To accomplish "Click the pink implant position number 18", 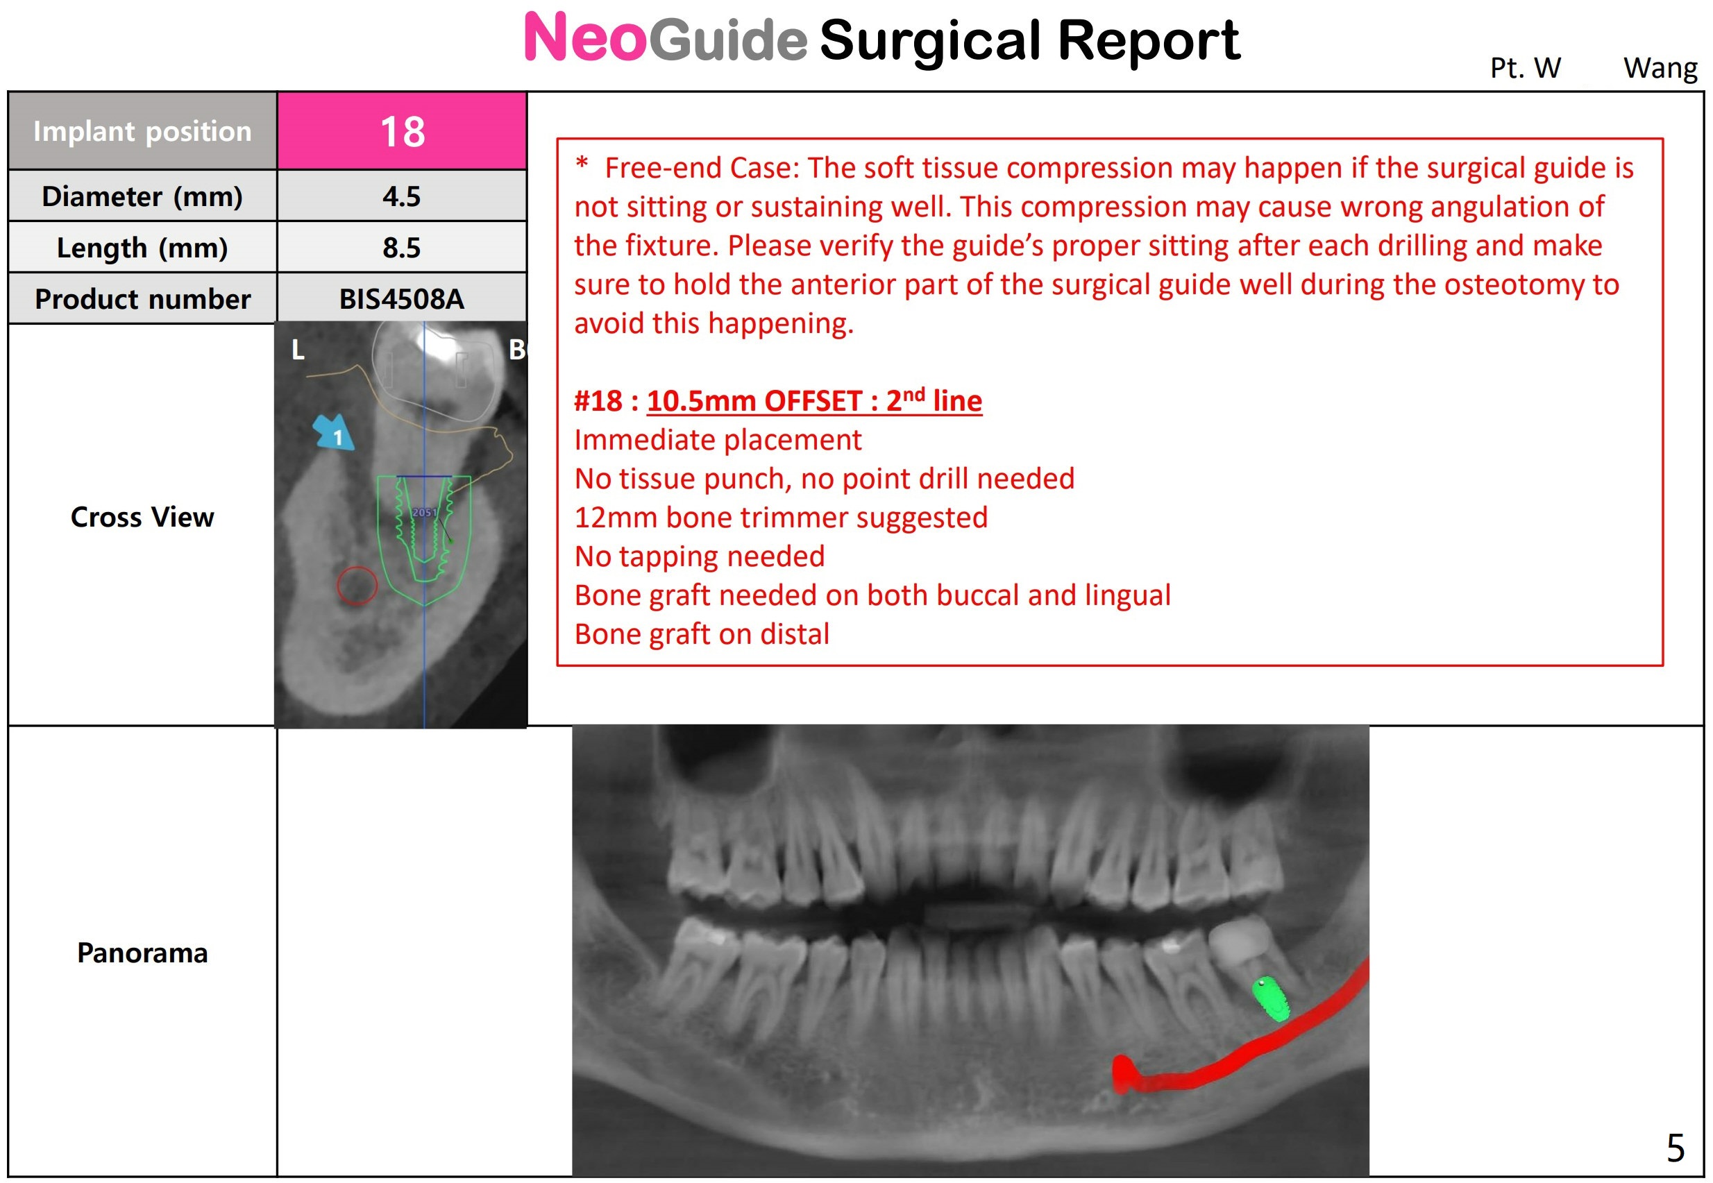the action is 403,132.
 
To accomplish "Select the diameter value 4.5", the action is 402,196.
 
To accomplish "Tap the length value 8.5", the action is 402,248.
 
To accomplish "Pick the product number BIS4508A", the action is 402,299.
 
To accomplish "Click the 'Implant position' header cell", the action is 142,131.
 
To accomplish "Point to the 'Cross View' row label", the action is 142,517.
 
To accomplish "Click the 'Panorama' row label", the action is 142,953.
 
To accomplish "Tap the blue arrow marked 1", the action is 333,432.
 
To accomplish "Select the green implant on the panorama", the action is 1271,998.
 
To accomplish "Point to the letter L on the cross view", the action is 298,350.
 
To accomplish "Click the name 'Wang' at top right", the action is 1660,69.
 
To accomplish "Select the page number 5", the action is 1676,1148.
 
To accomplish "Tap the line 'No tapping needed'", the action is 699,556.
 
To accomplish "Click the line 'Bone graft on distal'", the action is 702,634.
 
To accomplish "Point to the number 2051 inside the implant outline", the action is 424,512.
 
